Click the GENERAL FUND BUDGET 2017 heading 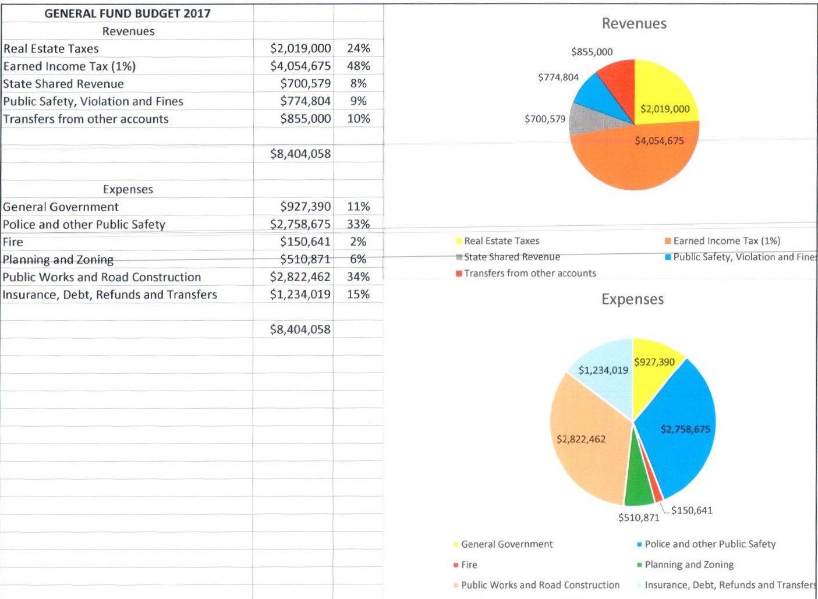coord(128,13)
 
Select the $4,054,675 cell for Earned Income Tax coord(300,66)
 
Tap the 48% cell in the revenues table coord(358,66)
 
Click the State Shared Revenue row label coord(63,84)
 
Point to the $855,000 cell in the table coord(305,119)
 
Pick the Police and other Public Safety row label coord(84,225)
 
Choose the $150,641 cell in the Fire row coord(305,242)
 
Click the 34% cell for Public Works coord(358,277)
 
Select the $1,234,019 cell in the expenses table coord(300,295)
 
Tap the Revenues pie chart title coord(634,24)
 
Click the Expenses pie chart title coord(632,299)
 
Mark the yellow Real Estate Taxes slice coord(664,93)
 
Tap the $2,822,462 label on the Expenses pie coord(581,439)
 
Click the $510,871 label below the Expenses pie coord(639,518)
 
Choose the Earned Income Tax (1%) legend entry coord(726,241)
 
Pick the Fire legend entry coord(469,565)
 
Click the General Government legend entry coord(507,544)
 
